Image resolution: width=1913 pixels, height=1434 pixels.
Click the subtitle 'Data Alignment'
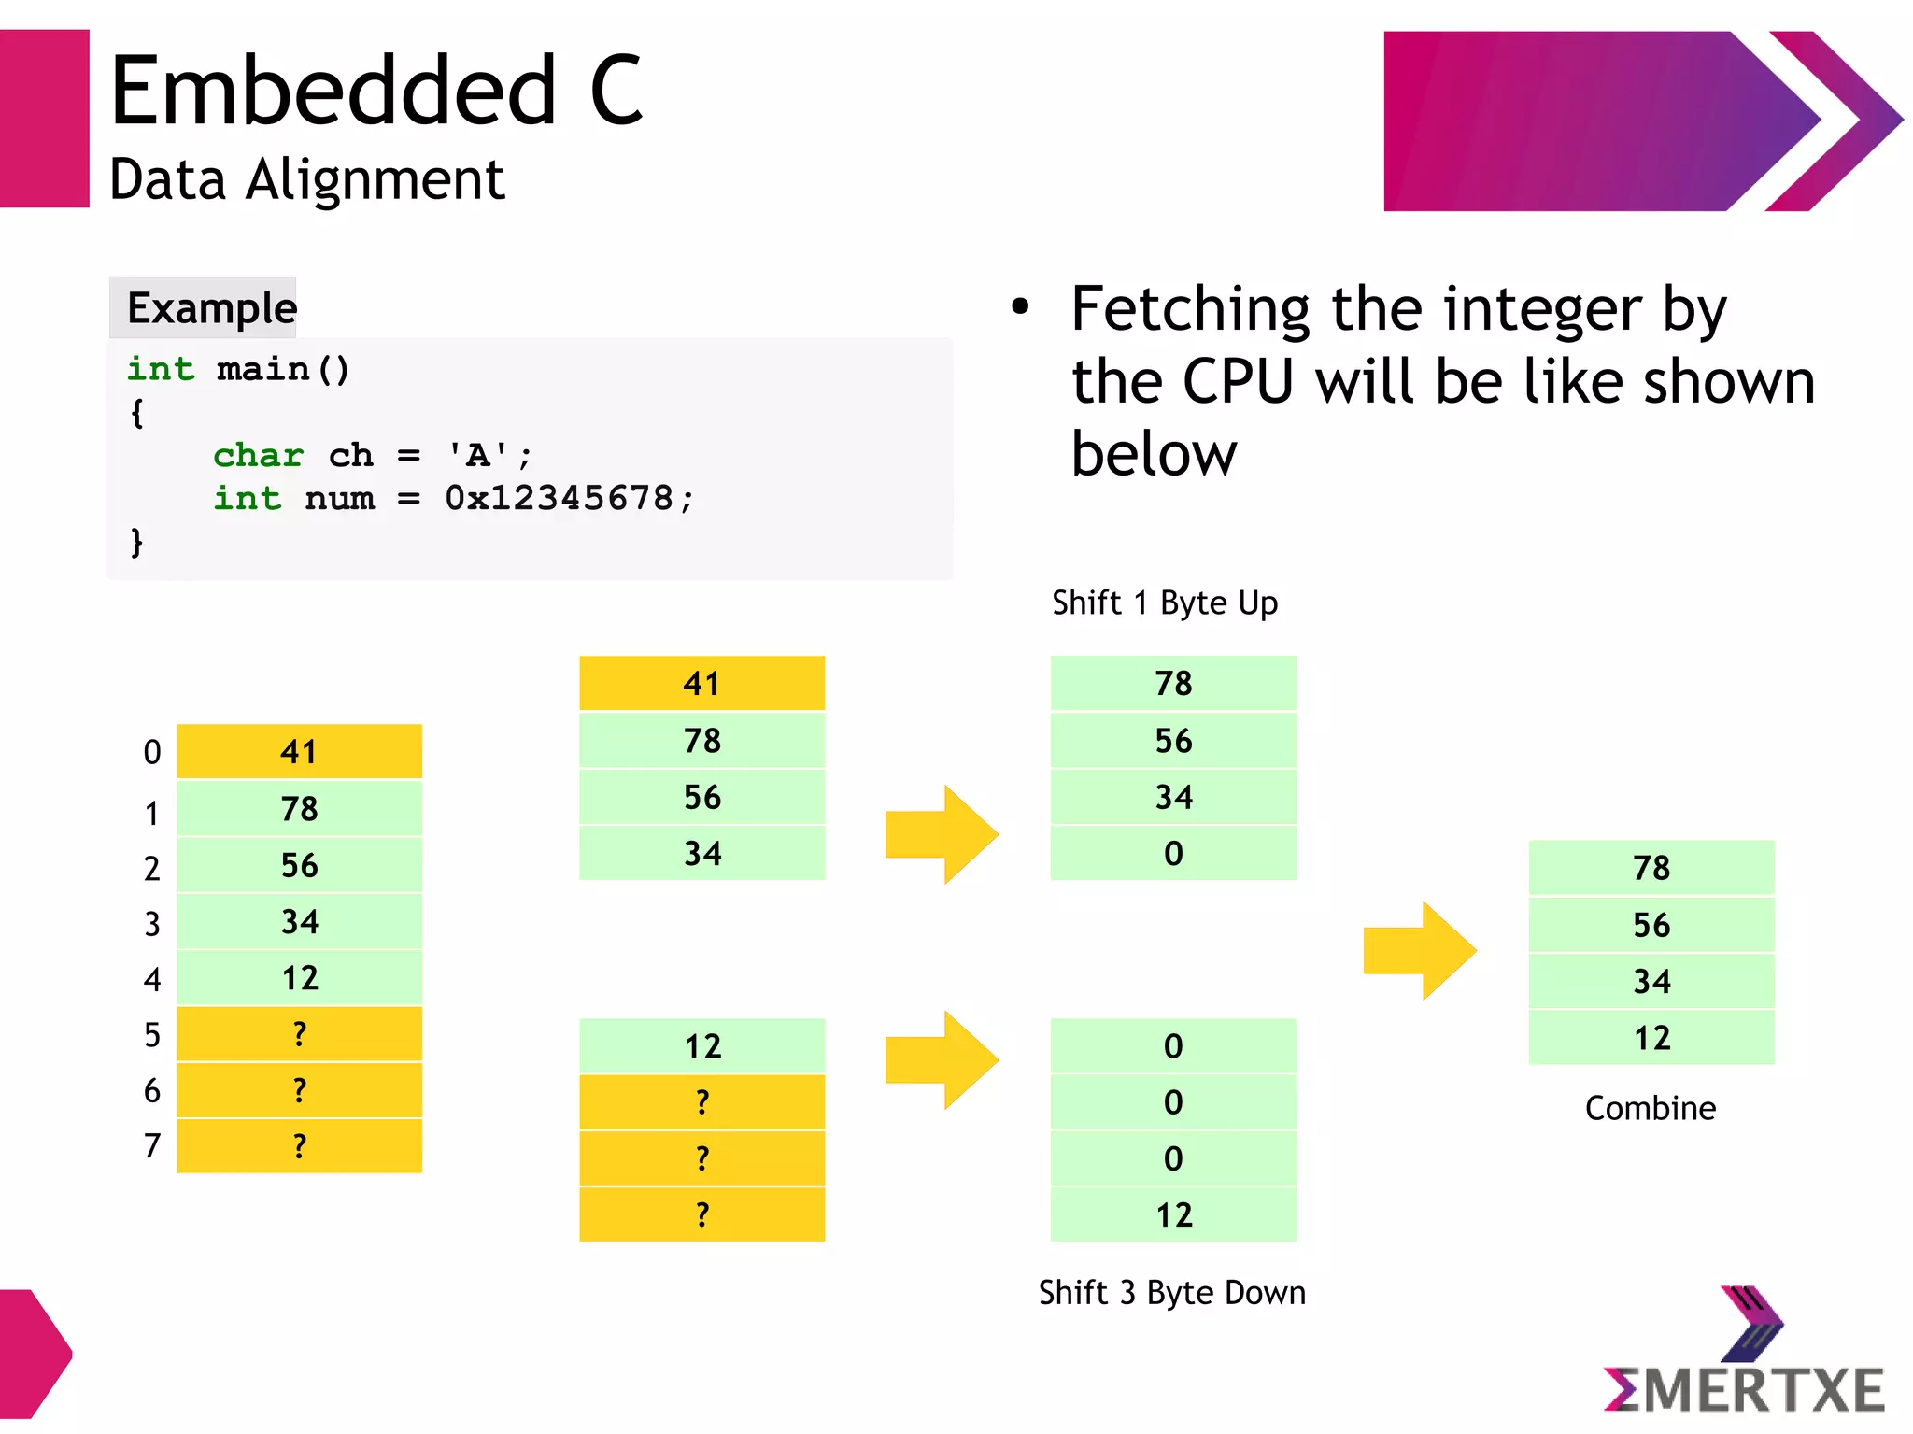click(306, 179)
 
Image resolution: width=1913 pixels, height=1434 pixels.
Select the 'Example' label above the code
click(211, 308)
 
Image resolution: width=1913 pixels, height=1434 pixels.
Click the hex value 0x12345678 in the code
click(560, 498)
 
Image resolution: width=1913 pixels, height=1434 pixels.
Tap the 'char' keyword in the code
click(258, 456)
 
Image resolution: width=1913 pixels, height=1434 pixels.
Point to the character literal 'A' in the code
click(477, 456)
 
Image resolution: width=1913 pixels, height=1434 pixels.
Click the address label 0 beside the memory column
click(152, 753)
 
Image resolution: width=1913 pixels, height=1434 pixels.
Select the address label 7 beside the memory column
click(152, 1146)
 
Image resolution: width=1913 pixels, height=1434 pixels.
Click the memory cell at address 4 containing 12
click(299, 978)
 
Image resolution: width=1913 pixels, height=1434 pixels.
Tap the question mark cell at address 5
click(299, 1034)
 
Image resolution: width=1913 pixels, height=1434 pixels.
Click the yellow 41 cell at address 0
click(299, 752)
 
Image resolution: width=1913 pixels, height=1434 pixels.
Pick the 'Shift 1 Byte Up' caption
click(1164, 603)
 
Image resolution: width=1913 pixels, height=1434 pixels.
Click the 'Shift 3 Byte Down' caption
click(1171, 1293)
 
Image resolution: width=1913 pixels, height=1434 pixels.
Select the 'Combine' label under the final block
click(1650, 1109)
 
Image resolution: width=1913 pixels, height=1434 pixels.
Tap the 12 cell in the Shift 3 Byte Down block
click(1173, 1214)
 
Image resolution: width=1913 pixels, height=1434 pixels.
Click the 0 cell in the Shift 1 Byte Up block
click(1173, 853)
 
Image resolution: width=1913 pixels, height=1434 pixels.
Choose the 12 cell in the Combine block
click(1651, 1038)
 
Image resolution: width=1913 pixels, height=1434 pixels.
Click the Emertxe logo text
click(1745, 1390)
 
